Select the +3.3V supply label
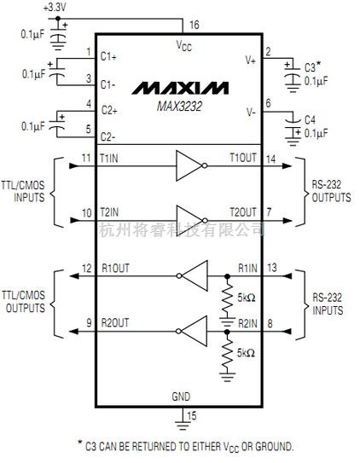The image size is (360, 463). [54, 7]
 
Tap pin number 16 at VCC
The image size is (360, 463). [195, 26]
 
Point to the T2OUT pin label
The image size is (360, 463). [241, 211]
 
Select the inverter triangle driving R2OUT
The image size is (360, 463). [193, 326]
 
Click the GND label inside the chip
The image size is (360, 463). [181, 396]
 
